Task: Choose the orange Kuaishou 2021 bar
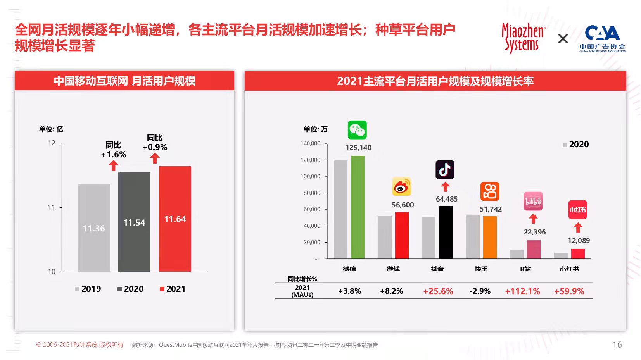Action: pyautogui.click(x=490, y=237)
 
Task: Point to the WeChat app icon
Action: pyautogui.click(x=357, y=130)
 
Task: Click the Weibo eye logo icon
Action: pyautogui.click(x=401, y=187)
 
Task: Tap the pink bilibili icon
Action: pyautogui.click(x=533, y=201)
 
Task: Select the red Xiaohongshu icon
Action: pyautogui.click(x=577, y=210)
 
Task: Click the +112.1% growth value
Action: pyautogui.click(x=522, y=291)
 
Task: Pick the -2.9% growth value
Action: pyautogui.click(x=480, y=291)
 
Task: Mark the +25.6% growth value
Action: pyautogui.click(x=438, y=291)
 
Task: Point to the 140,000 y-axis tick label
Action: pyautogui.click(x=310, y=143)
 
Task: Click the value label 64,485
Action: pyautogui.click(x=447, y=199)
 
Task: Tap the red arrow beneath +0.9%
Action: pyautogui.click(x=155, y=158)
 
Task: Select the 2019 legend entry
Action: pyautogui.click(x=88, y=289)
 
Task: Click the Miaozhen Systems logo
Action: pyautogui.click(x=523, y=38)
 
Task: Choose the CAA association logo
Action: pyautogui.click(x=602, y=38)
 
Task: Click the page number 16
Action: pyautogui.click(x=617, y=345)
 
